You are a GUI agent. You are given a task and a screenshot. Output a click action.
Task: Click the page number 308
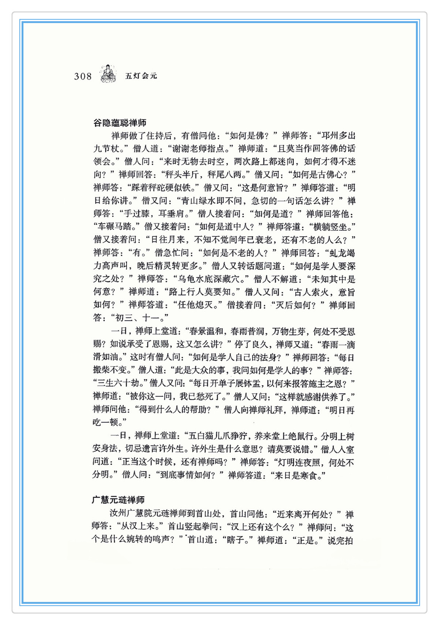pyautogui.click(x=83, y=76)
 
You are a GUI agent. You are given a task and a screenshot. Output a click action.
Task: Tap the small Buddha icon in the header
pyautogui.click(x=108, y=73)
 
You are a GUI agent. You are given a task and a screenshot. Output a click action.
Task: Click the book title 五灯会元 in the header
pyautogui.click(x=141, y=76)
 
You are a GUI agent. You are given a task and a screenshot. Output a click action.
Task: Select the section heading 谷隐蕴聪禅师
pyautogui.click(x=120, y=123)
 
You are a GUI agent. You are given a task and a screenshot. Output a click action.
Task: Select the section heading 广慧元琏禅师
pyautogui.click(x=118, y=500)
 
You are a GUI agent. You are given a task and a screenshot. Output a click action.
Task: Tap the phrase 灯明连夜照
pyautogui.click(x=299, y=462)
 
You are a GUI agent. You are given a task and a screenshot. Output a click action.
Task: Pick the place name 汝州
pyautogui.click(x=118, y=514)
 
